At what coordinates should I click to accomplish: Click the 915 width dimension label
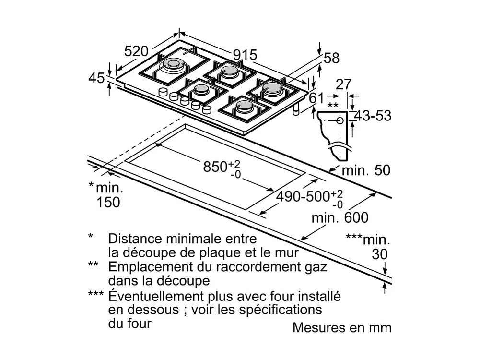[245, 55]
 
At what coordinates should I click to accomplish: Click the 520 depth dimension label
[136, 50]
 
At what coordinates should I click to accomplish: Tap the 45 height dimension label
[97, 78]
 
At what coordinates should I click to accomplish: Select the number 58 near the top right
[331, 58]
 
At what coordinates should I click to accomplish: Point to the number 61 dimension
[316, 98]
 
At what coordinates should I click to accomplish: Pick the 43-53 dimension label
[373, 116]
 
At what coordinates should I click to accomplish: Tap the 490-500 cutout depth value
[303, 196]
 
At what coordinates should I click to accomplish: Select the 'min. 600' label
[340, 218]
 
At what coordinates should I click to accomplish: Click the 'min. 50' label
[366, 170]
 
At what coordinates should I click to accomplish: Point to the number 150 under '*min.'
[108, 203]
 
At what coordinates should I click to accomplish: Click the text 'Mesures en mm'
[342, 328]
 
